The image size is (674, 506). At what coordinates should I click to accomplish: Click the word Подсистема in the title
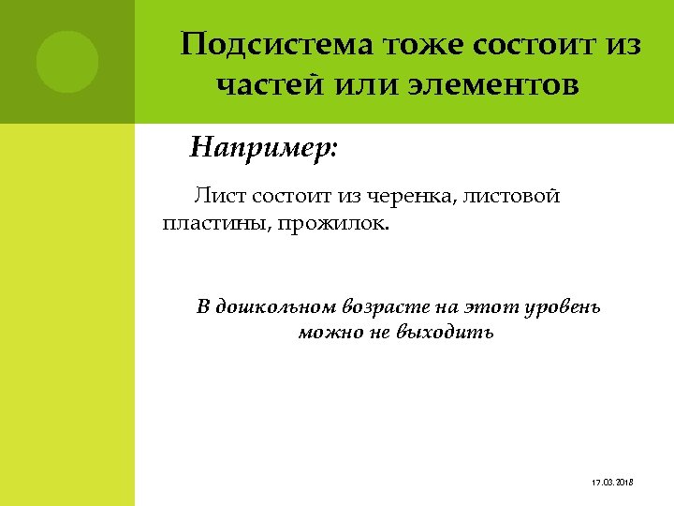[x=276, y=45]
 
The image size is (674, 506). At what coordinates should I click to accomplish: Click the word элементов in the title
[x=493, y=86]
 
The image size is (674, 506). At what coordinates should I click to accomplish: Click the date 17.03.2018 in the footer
[x=613, y=482]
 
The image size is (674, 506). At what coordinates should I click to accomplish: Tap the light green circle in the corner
[x=67, y=61]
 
